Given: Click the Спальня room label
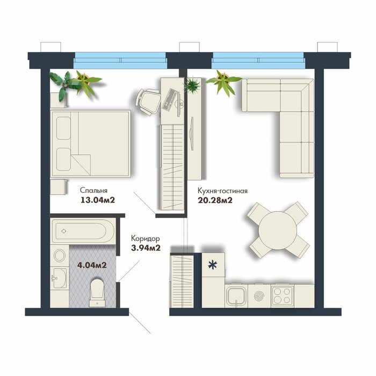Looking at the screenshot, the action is (93, 191).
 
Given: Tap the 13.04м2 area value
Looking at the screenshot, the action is (98, 200).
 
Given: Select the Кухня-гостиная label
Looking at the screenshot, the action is (222, 191).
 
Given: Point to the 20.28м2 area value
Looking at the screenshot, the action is (215, 200).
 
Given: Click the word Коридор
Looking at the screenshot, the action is (146, 239).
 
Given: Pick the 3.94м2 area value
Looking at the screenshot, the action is (146, 248).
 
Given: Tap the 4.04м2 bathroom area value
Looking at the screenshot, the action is (92, 265).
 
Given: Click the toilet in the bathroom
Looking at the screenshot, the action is (97, 293).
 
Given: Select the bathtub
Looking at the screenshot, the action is (83, 231).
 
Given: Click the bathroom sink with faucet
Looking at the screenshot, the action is (59, 278).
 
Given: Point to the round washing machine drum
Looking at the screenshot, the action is (60, 256).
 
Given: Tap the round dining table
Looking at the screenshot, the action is (278, 230).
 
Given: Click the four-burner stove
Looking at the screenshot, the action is (283, 295).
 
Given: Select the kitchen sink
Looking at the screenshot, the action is (236, 295).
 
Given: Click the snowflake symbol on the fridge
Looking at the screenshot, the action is (213, 265).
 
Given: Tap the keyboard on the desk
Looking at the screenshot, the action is (170, 99).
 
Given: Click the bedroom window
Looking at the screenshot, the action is (120, 60).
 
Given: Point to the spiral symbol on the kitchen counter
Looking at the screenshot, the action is (259, 297).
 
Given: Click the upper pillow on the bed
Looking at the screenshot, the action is (63, 128).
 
